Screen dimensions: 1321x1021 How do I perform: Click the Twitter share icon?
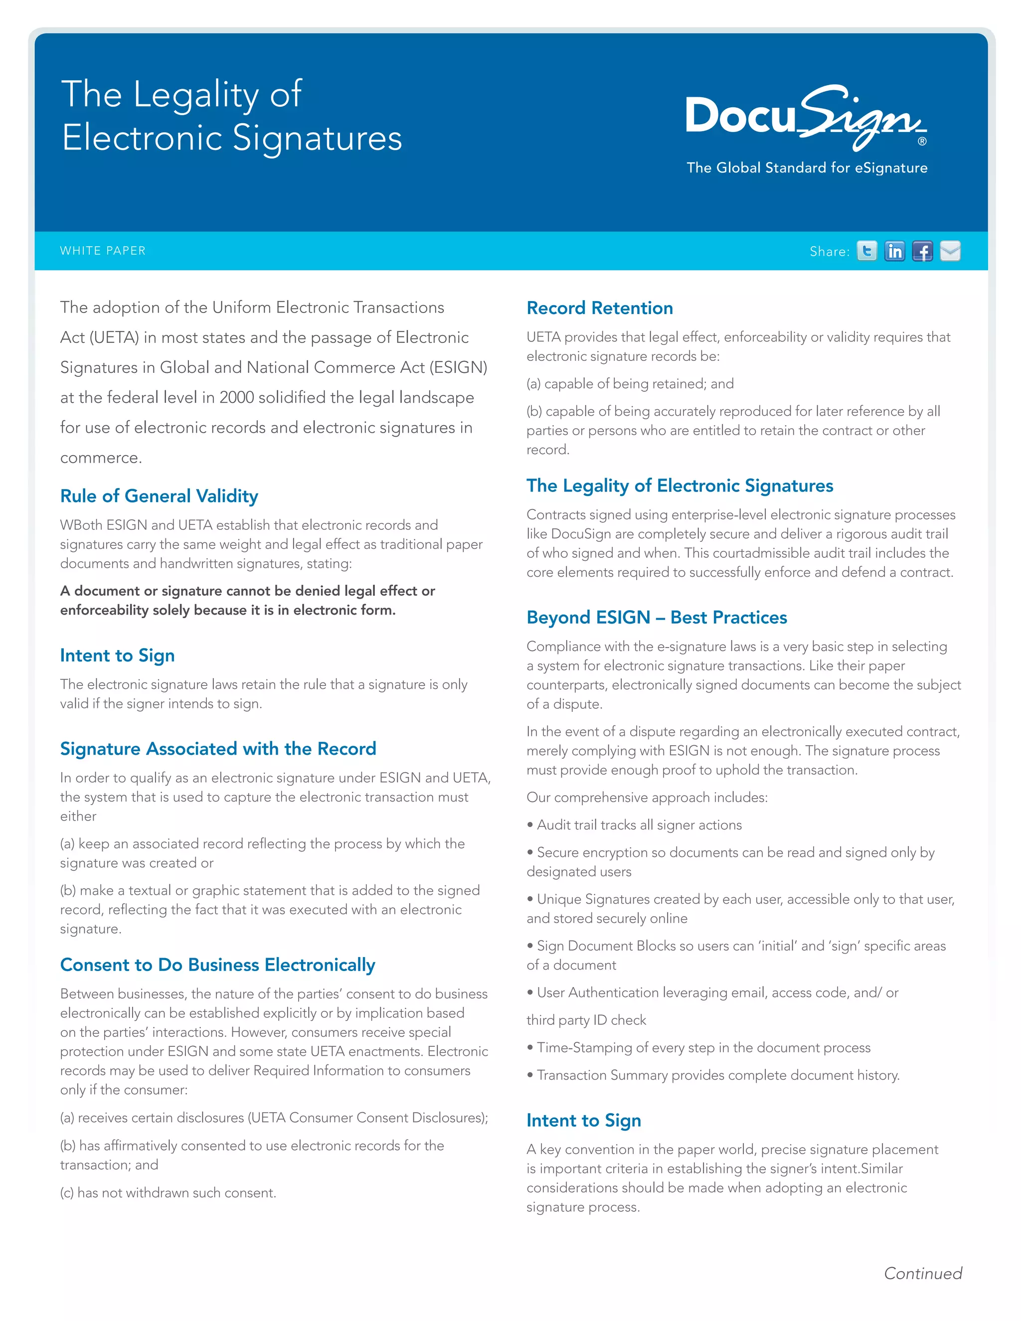867,251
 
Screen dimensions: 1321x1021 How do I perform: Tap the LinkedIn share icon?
894,251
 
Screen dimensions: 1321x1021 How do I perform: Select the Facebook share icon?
922,251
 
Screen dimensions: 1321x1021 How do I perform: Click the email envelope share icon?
950,251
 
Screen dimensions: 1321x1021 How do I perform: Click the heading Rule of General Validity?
159,496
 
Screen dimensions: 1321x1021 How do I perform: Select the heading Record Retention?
599,308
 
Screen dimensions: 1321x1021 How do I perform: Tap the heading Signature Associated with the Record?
218,749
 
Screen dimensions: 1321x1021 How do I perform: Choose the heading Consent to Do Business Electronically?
218,965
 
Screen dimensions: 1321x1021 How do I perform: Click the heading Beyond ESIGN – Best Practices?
656,618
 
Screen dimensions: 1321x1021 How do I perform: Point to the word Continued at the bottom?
922,1274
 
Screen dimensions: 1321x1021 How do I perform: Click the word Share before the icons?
828,252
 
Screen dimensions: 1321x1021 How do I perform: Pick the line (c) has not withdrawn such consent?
168,1193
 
